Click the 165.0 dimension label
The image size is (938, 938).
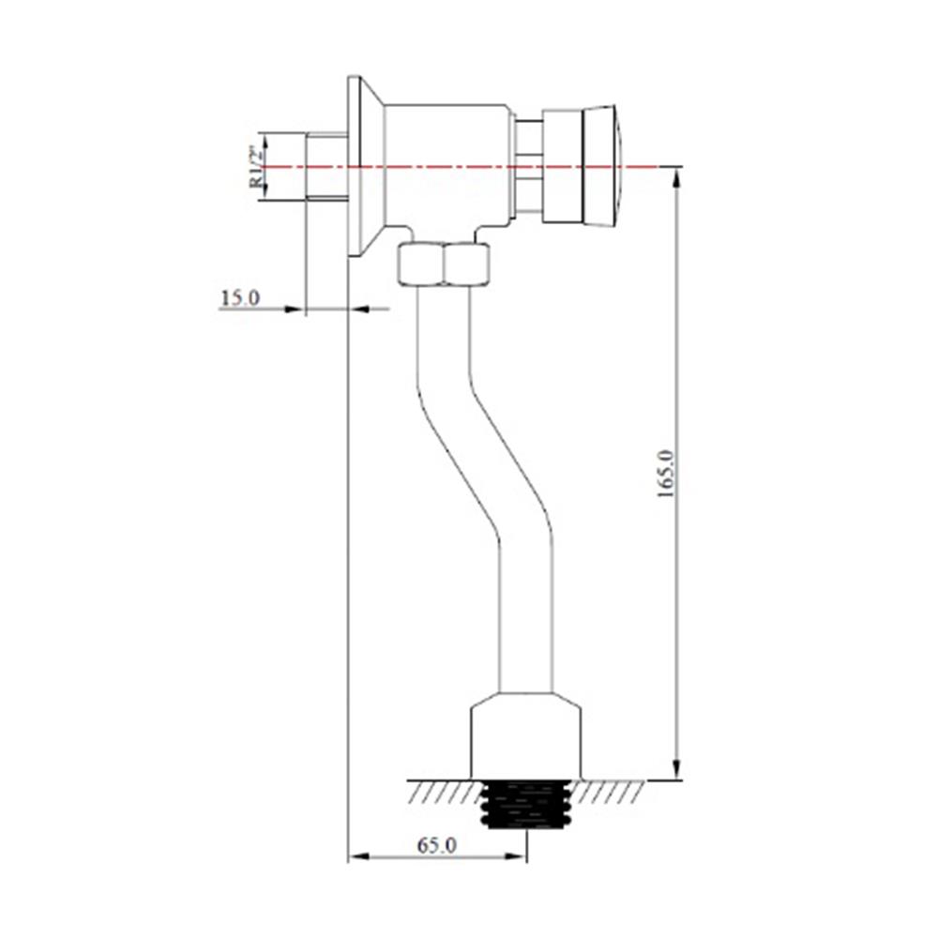[x=666, y=475]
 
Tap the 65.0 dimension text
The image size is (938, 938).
[x=437, y=845]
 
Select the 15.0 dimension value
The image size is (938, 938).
[x=240, y=298]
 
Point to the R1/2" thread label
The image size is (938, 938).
[x=256, y=167]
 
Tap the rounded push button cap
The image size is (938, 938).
[x=602, y=166]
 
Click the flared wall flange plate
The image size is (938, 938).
[x=365, y=167]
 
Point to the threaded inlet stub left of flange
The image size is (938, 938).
[x=326, y=166]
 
